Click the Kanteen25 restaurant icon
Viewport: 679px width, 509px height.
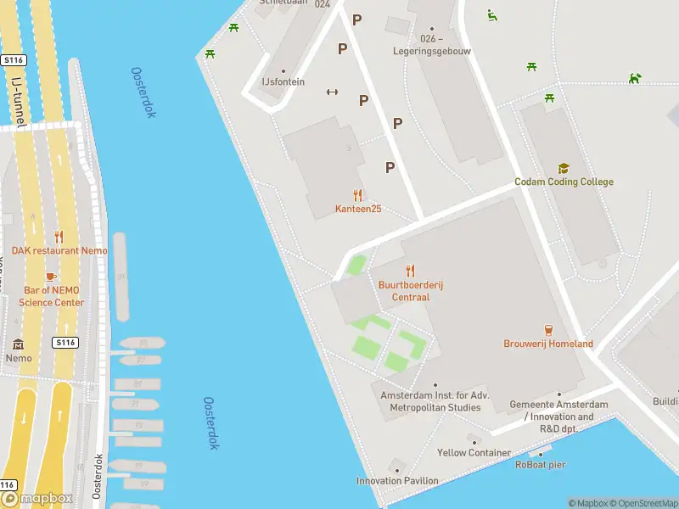[357, 195]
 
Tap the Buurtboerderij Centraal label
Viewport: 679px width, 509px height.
[411, 291]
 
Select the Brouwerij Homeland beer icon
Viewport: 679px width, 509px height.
[548, 329]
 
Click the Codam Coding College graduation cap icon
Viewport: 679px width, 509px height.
[563, 169]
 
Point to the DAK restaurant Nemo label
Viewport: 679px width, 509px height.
[59, 251]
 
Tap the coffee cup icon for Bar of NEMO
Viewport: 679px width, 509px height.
[51, 277]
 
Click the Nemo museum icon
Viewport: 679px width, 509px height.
[18, 344]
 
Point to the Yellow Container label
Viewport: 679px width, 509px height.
[474, 453]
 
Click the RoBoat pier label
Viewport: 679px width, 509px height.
[541, 464]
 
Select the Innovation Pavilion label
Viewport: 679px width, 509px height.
[397, 481]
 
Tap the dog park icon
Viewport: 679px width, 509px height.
[634, 78]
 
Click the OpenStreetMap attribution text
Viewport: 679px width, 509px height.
[643, 504]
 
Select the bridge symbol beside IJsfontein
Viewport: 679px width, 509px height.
[333, 92]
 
